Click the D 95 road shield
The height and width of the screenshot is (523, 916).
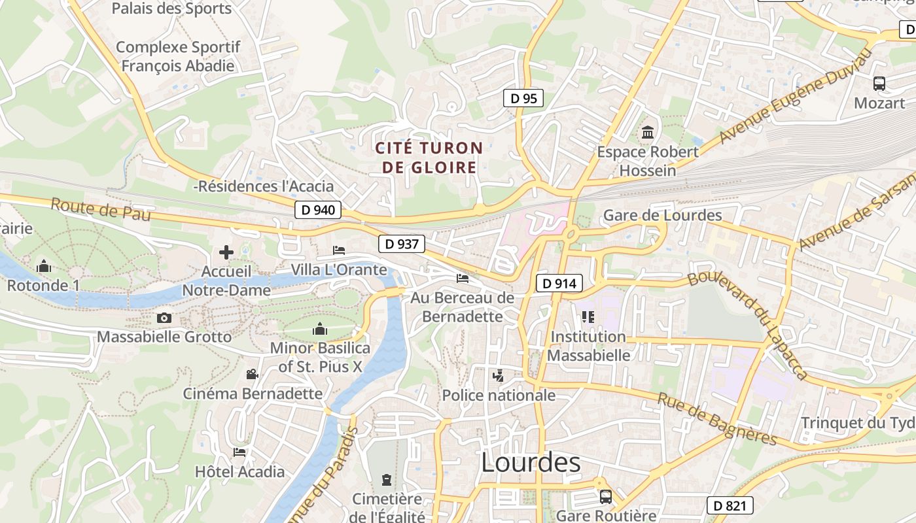(523, 99)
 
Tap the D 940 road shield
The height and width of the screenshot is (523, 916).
(318, 210)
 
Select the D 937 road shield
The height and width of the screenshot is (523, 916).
(402, 244)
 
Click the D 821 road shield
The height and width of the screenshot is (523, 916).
(730, 505)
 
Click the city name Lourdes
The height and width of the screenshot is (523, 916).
(531, 463)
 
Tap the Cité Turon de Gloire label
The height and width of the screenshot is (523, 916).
(429, 158)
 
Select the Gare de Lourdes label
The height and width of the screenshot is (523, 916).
(662, 215)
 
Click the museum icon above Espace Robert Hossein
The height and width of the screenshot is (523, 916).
(648, 133)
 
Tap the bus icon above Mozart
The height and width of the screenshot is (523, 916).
(879, 84)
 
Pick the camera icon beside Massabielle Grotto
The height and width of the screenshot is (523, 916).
(164, 318)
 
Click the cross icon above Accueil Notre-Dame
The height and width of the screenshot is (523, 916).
(226, 252)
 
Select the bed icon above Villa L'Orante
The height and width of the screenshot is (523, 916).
(339, 250)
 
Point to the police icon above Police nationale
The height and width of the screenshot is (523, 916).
(499, 376)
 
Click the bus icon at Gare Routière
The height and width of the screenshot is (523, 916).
(606, 497)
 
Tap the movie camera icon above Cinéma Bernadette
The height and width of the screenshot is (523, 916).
(252, 374)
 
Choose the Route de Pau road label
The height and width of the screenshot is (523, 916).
(101, 209)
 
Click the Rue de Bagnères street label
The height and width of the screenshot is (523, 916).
(716, 418)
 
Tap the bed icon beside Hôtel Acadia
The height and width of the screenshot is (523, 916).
(239, 452)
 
